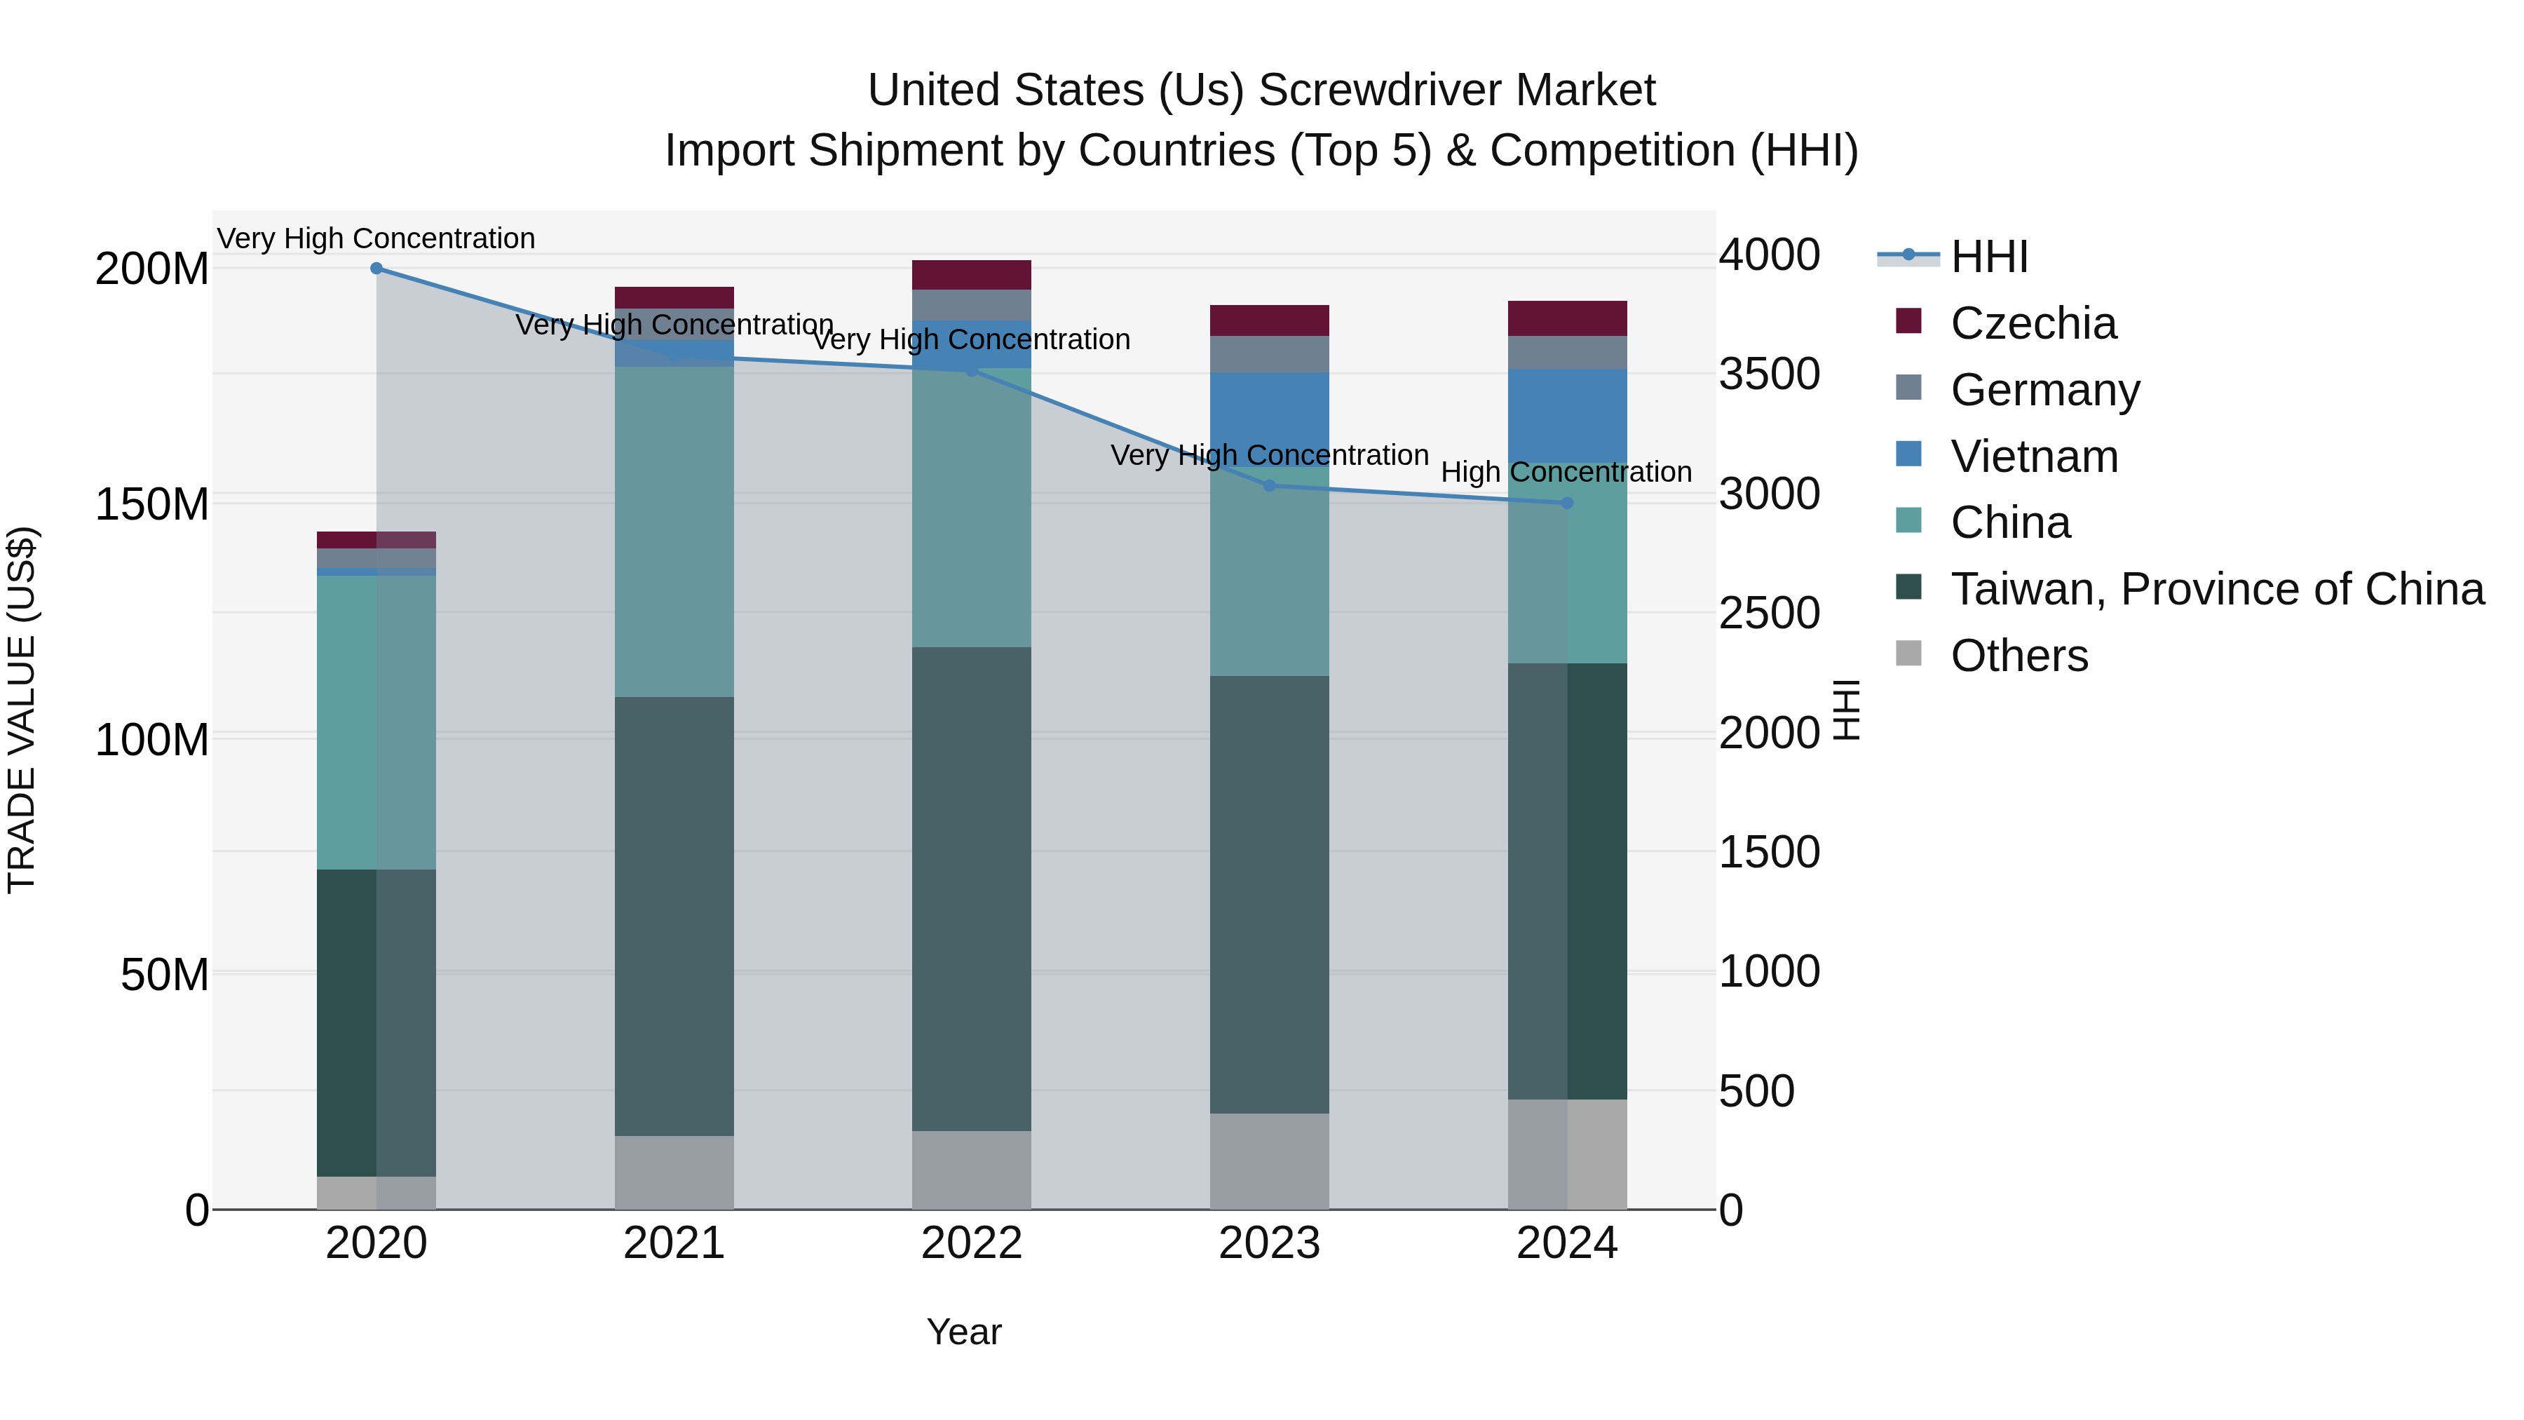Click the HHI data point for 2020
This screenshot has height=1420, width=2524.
click(376, 269)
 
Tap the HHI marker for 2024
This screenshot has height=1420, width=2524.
click(1567, 503)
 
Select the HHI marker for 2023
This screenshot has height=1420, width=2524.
click(1269, 485)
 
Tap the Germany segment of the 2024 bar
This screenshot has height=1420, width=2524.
click(1567, 352)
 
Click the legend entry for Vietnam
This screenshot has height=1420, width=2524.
click(2033, 457)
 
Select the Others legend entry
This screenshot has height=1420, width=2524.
click(2018, 656)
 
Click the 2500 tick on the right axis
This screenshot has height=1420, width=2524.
click(1769, 614)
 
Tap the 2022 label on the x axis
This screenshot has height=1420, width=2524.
click(971, 1243)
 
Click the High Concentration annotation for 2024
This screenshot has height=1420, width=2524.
click(1566, 473)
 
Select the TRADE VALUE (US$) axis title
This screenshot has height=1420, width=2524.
click(22, 710)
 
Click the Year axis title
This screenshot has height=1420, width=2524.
click(963, 1332)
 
